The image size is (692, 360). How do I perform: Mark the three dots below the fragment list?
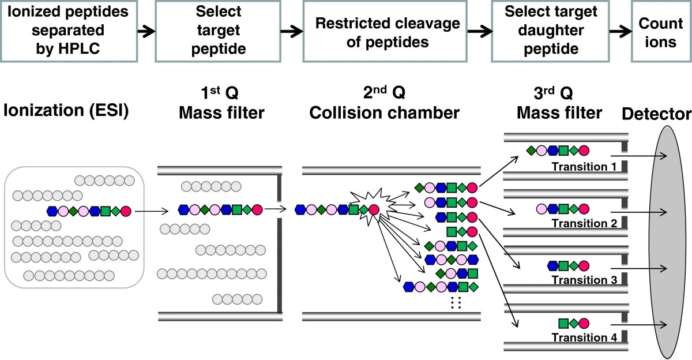coord(456,303)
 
